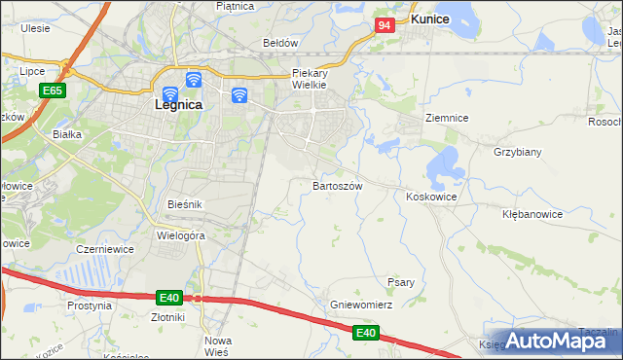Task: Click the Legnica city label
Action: pos(178,104)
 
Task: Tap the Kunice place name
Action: pos(428,18)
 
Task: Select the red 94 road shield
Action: pos(385,25)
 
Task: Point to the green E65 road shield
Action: pos(53,90)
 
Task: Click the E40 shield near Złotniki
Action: pos(168,297)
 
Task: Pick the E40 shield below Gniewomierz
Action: pos(365,333)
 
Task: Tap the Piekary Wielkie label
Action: pos(313,79)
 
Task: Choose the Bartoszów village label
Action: pos(338,185)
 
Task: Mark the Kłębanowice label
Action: pos(532,213)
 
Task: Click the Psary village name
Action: pos(401,282)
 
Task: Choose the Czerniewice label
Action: pos(104,249)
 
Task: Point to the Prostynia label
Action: pos(90,306)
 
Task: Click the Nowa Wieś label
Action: pos(218,345)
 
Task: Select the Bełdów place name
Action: pos(279,43)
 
